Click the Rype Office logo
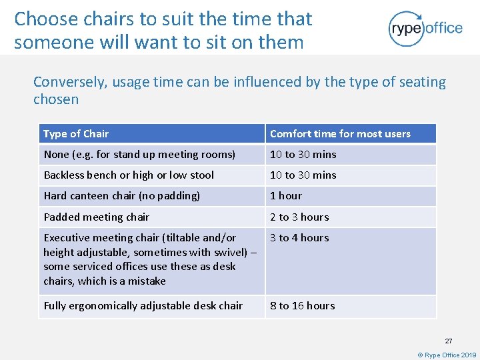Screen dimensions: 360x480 [x=425, y=28]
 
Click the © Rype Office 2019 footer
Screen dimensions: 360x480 [x=447, y=355]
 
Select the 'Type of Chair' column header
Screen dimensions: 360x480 [x=76, y=134]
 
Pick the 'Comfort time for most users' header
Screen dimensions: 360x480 [x=340, y=134]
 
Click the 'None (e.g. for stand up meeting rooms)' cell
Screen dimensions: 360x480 [x=139, y=155]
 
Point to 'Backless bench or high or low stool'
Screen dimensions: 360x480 [x=129, y=175]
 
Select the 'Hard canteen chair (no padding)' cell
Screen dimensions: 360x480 [x=121, y=196]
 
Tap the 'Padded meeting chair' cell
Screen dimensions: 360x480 [x=97, y=217]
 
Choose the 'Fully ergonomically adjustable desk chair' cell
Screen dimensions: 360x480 [x=143, y=306]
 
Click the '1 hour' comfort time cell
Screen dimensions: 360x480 [x=285, y=196]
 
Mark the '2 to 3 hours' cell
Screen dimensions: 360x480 [x=299, y=217]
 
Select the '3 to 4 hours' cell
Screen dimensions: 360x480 [x=299, y=238]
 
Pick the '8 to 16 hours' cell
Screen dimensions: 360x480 [x=302, y=306]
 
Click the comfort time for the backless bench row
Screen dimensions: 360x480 [x=303, y=175]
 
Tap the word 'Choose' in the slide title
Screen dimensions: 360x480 [x=45, y=19]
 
